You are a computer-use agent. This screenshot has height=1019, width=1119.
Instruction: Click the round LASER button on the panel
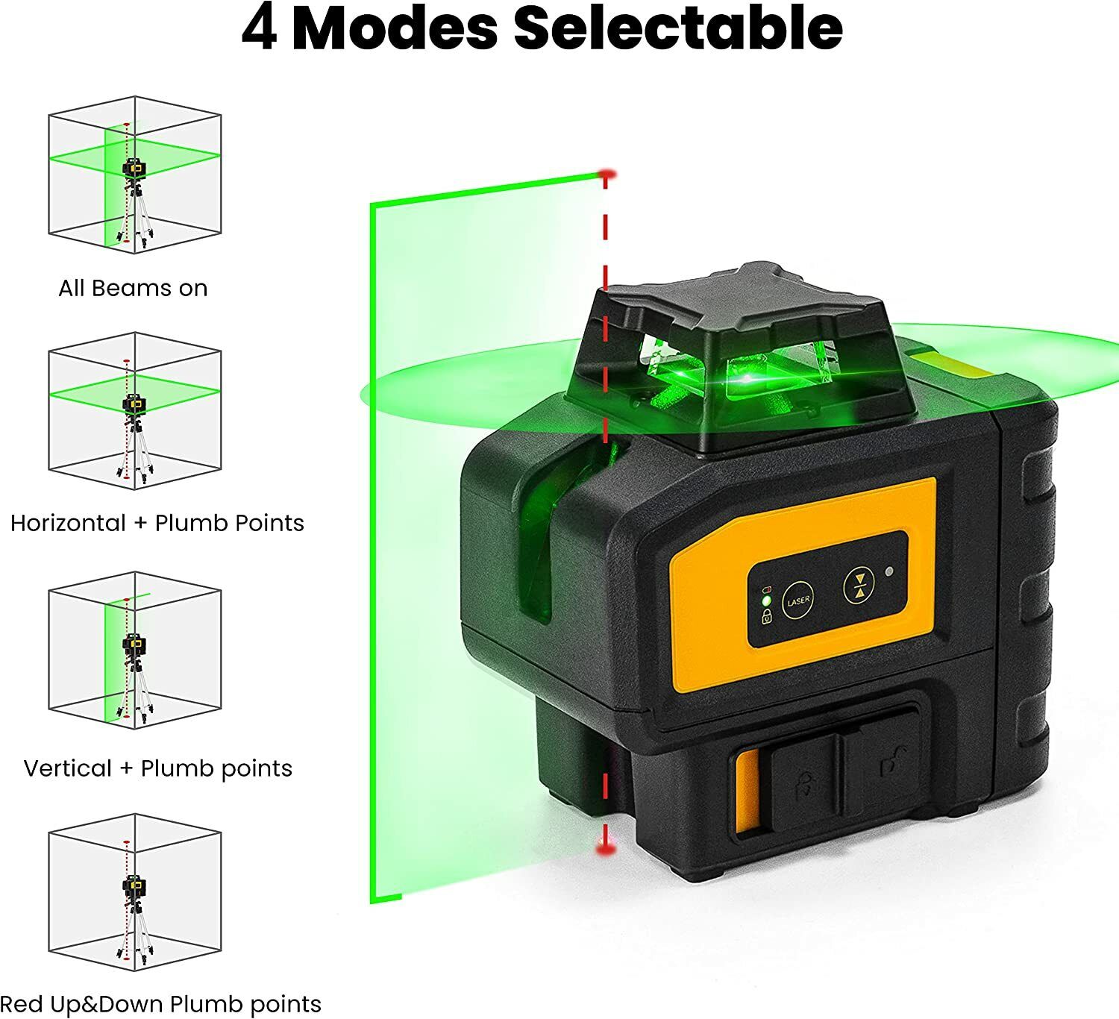coord(797,601)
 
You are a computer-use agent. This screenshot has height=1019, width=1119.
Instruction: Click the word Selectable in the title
coord(678,28)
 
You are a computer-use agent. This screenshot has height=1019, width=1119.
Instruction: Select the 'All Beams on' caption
coord(133,288)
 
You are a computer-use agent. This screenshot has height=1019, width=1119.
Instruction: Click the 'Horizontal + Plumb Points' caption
coord(157,522)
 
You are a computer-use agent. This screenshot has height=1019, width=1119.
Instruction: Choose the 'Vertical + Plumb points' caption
coord(158,768)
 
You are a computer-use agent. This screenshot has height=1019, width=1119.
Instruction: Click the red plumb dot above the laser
coord(606,175)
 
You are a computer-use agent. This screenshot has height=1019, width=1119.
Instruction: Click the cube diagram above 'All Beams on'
coord(134,175)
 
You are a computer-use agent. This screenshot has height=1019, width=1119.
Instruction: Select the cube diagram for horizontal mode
coord(134,412)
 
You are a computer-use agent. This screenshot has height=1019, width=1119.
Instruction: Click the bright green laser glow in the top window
coord(746,378)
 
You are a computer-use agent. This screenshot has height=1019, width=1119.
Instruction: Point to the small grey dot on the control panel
coord(888,573)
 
